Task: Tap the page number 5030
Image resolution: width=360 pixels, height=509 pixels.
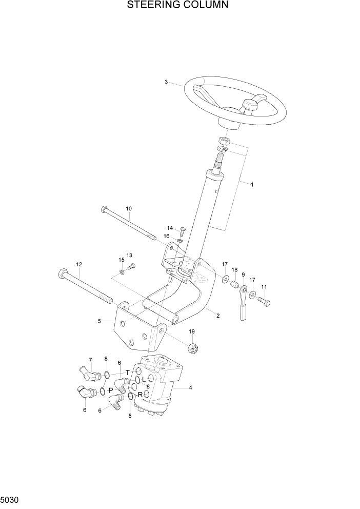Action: click(x=11, y=499)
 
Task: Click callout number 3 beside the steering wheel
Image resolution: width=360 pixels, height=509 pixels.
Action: click(x=166, y=82)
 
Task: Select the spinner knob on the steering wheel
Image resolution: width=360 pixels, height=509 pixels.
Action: click(x=250, y=106)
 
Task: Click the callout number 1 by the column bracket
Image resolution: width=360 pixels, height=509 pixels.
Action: click(x=252, y=184)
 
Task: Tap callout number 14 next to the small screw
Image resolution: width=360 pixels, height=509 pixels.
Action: click(x=169, y=228)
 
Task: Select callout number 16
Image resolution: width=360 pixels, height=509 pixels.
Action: click(x=167, y=236)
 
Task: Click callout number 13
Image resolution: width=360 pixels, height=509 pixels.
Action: click(x=129, y=255)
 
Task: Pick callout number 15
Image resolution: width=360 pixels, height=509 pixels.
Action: click(x=122, y=260)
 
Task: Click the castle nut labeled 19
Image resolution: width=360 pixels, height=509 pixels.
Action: click(x=193, y=347)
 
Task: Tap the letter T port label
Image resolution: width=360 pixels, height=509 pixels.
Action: click(x=128, y=372)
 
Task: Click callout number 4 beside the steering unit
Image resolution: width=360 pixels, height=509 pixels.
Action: click(x=190, y=388)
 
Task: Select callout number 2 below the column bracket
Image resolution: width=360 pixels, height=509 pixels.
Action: click(x=218, y=316)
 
